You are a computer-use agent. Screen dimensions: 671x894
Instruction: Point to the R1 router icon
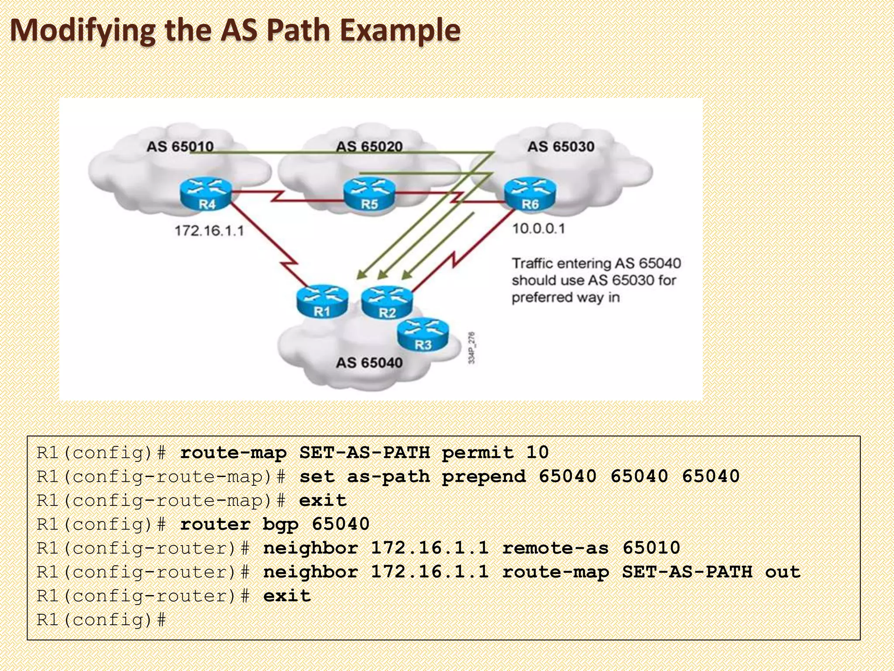(322, 301)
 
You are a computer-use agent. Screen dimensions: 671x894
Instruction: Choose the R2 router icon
(387, 302)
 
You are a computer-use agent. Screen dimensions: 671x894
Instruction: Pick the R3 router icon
(423, 335)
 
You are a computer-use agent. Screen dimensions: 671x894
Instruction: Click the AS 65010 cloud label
(180, 146)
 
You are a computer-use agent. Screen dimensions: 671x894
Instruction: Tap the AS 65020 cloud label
(369, 146)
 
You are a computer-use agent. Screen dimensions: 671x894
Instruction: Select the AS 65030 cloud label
(560, 146)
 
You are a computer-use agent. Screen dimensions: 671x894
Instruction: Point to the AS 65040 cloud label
(369, 363)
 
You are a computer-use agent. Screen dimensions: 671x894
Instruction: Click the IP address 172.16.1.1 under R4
(209, 231)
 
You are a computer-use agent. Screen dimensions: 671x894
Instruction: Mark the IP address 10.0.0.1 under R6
(538, 228)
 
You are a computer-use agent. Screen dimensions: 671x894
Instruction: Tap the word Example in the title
(400, 31)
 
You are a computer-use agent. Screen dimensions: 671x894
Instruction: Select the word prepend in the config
(484, 477)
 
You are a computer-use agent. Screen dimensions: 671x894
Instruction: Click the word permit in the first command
(478, 453)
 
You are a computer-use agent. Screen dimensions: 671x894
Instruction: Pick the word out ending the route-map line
(783, 572)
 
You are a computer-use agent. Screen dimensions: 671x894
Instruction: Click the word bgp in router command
(280, 524)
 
